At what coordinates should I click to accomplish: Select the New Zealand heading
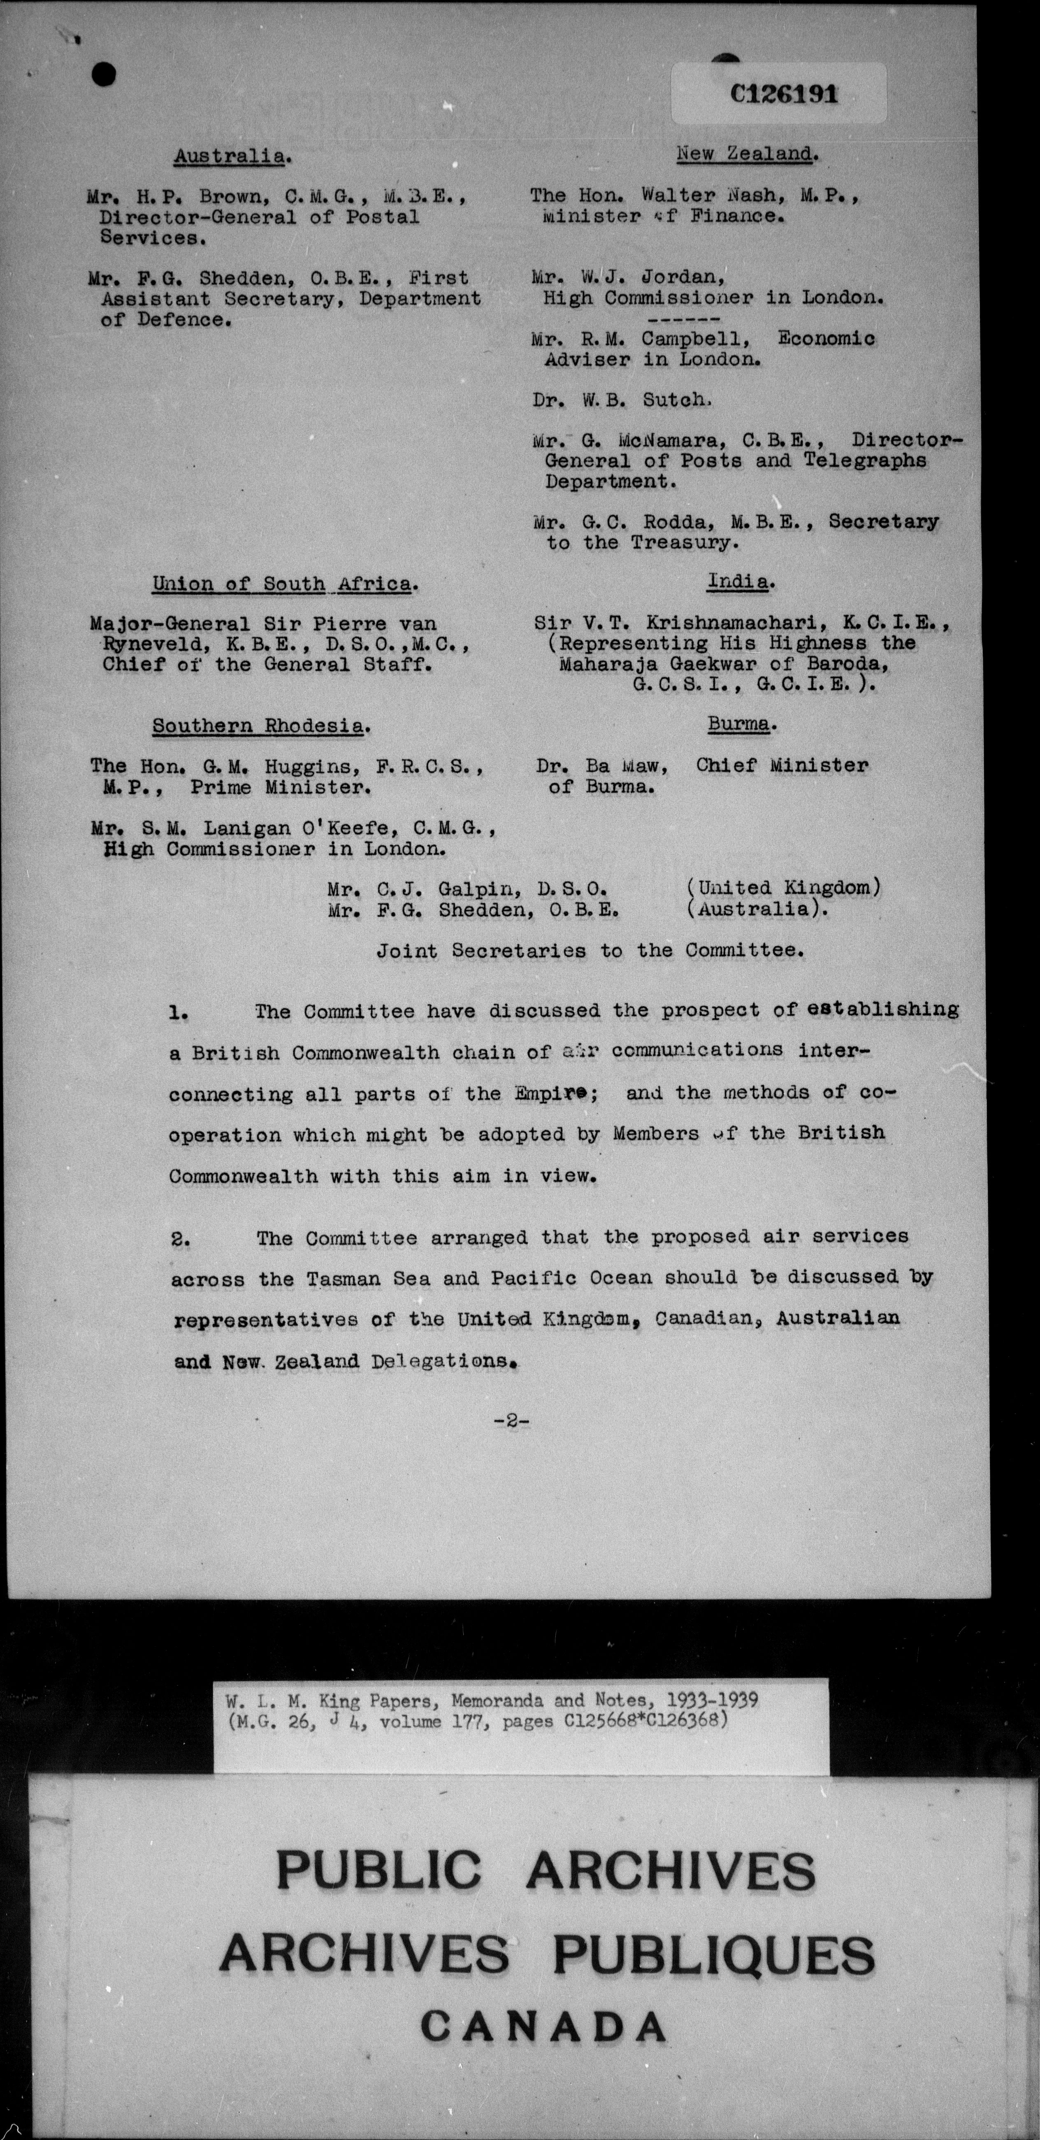coord(747,154)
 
